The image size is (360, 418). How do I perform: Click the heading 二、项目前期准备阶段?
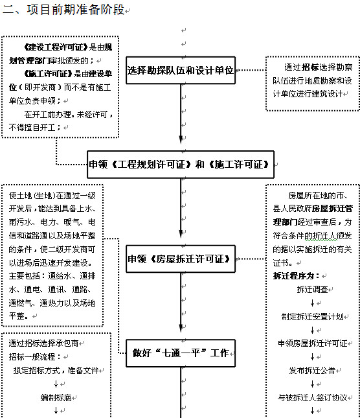coord(63,10)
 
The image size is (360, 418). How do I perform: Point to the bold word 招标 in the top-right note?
coord(310,67)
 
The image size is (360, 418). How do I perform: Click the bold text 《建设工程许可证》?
coord(56,47)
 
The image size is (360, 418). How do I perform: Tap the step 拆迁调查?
coord(312,289)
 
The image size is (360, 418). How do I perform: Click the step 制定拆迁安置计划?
coord(312,316)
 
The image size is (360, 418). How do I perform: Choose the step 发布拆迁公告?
coord(312,370)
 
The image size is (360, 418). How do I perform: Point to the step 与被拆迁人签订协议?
coord(312,397)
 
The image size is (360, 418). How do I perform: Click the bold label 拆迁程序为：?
coord(296,275)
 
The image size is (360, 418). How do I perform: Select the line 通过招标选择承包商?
coord(43,343)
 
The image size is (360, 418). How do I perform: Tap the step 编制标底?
coord(56,397)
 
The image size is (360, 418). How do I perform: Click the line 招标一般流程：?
coord(36,356)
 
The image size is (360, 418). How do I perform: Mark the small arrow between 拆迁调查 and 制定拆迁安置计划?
coord(312,303)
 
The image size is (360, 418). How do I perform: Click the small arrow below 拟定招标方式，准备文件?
coord(56,384)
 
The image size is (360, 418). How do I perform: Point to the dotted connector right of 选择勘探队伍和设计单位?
coord(251,70)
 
